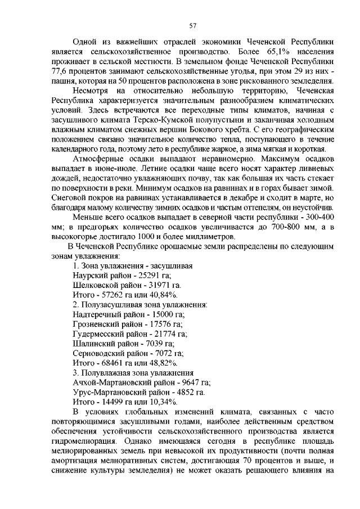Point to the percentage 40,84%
click(163, 295)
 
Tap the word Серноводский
click(100, 355)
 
